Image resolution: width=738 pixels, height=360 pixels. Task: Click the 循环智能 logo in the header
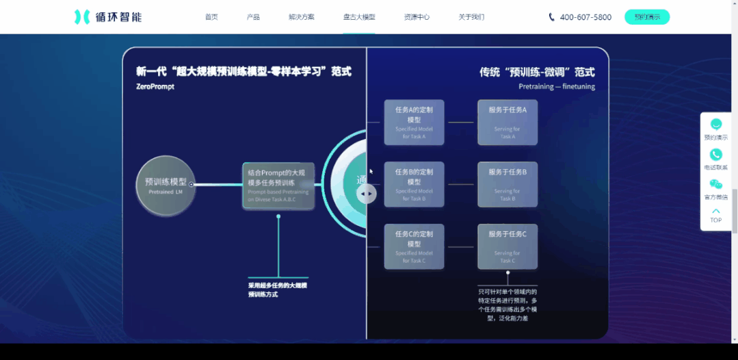pyautogui.click(x=108, y=17)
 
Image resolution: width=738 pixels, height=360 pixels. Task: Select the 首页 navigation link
pyautogui.click(x=211, y=17)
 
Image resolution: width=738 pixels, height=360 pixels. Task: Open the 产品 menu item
pyautogui.click(x=253, y=17)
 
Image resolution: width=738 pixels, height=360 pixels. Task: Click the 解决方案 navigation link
pyautogui.click(x=302, y=17)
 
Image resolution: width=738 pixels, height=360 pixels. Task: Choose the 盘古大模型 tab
pyautogui.click(x=359, y=17)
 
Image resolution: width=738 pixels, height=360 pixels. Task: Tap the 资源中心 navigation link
pyautogui.click(x=417, y=17)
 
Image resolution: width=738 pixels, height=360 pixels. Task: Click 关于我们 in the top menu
pyautogui.click(x=471, y=17)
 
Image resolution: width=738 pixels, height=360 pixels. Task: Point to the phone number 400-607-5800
pyautogui.click(x=585, y=17)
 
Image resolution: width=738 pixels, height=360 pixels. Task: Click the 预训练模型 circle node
pyautogui.click(x=166, y=185)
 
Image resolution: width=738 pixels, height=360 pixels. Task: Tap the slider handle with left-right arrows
pyautogui.click(x=367, y=194)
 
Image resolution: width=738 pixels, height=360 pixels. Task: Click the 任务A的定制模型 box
pyautogui.click(x=414, y=123)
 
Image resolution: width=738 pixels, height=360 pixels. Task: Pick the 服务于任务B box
pyautogui.click(x=508, y=185)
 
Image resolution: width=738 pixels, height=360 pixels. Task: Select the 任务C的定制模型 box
pyautogui.click(x=414, y=246)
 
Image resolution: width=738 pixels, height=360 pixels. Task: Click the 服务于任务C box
pyautogui.click(x=508, y=246)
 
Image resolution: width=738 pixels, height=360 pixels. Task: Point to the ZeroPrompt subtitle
pyautogui.click(x=155, y=87)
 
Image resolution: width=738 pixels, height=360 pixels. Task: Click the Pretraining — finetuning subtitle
pyautogui.click(x=556, y=87)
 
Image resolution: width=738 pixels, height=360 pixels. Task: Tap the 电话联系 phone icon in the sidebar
pyautogui.click(x=715, y=155)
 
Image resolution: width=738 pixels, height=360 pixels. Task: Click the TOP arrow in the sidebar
pyautogui.click(x=715, y=215)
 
